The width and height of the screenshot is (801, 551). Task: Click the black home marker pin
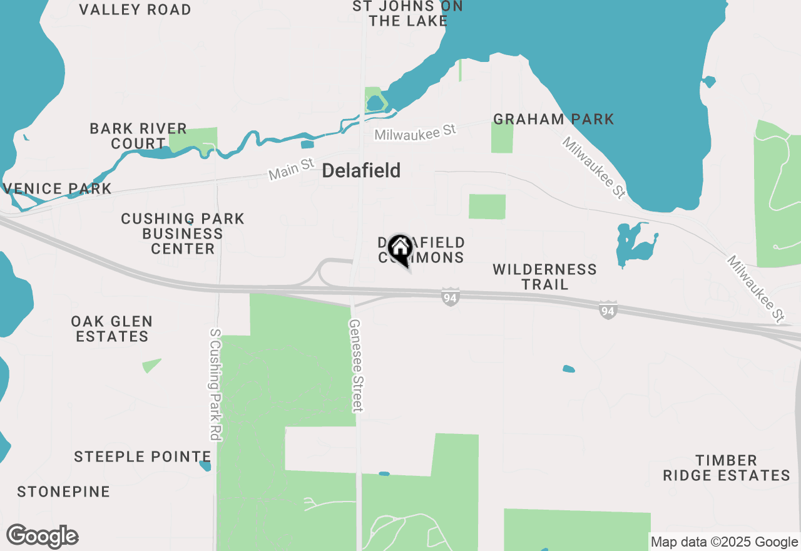point(399,249)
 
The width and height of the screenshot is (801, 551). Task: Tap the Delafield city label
point(361,170)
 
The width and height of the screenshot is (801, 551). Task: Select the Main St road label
point(291,169)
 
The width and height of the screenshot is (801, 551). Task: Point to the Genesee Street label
point(355,366)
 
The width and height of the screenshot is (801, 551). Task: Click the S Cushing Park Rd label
point(215,384)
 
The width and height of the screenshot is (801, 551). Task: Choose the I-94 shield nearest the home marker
point(449,297)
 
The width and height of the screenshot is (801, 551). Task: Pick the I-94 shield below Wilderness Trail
point(608,310)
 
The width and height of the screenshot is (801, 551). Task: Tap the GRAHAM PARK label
point(553,119)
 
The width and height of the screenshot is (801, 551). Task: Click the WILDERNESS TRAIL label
point(544,277)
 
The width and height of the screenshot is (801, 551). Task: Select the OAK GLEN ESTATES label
point(112,329)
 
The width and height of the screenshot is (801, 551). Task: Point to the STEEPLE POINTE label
point(143,456)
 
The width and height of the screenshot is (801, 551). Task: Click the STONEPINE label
point(64,492)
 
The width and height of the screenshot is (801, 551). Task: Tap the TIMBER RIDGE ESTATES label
point(727,468)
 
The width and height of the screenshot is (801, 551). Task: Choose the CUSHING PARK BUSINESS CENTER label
point(183,234)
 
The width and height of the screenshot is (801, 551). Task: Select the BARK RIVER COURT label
point(138,136)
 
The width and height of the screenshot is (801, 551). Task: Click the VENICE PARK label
point(58,188)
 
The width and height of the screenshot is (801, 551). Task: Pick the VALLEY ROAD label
point(136,9)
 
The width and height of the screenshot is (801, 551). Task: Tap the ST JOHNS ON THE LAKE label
point(408,13)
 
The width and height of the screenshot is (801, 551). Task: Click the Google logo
point(43,537)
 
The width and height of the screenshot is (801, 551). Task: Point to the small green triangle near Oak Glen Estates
point(151,365)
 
